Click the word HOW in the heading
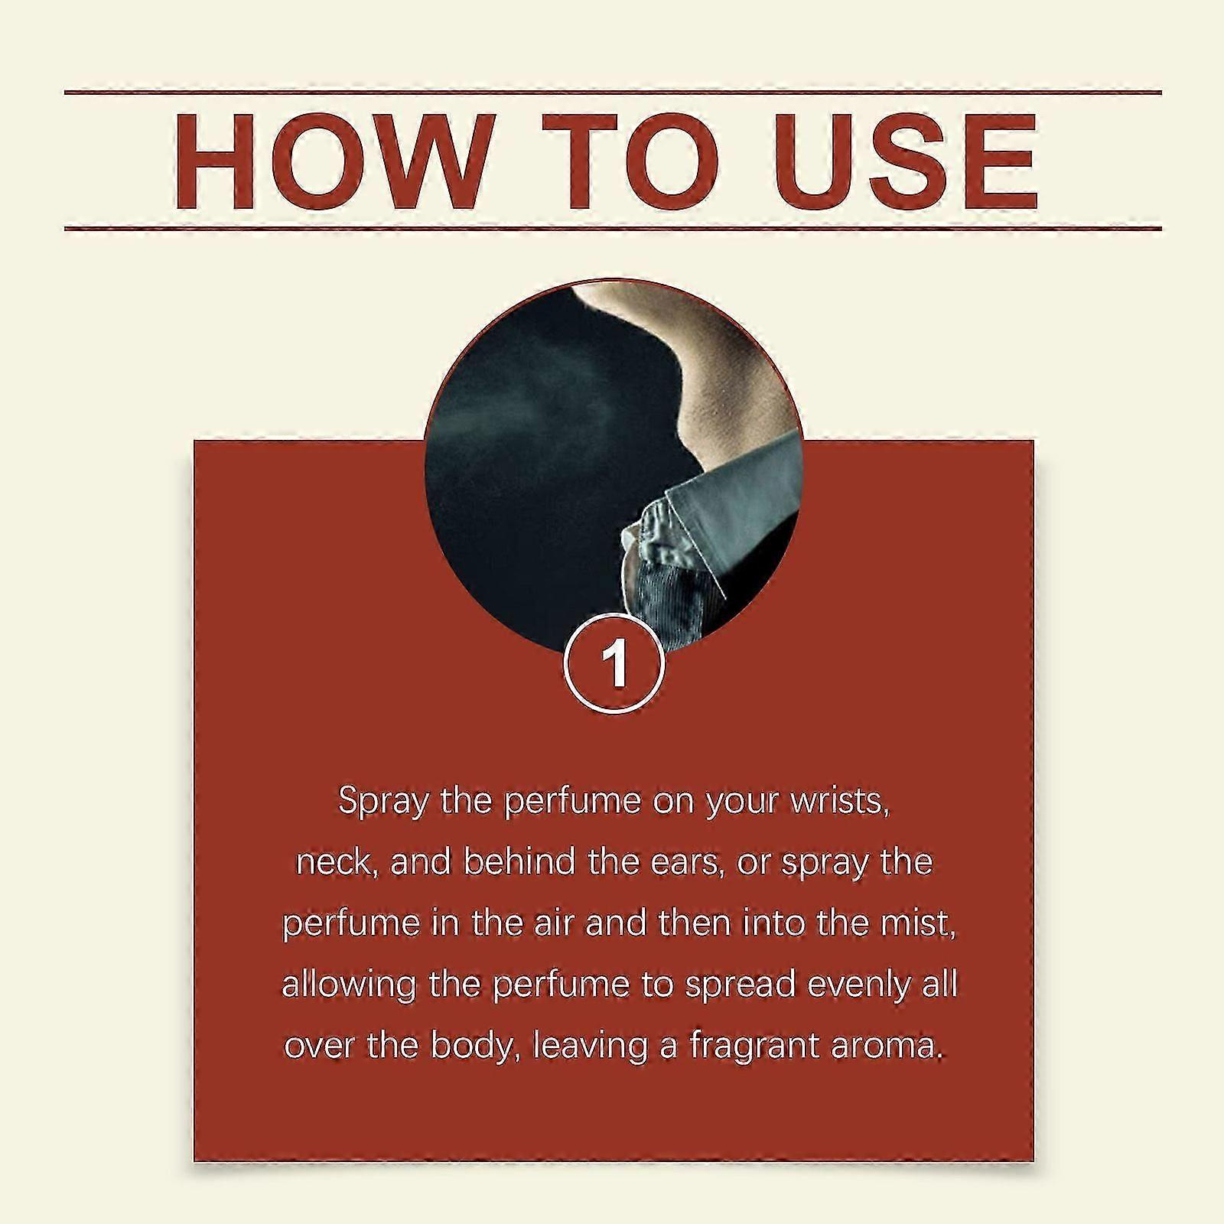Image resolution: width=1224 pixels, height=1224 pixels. pyautogui.click(x=330, y=161)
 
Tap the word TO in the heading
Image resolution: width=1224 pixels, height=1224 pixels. pyautogui.click(x=632, y=161)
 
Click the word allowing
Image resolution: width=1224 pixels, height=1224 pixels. pyautogui.click(x=349, y=985)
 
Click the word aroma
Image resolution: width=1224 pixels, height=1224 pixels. pyautogui.click(x=888, y=1047)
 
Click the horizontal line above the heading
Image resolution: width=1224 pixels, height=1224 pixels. pyautogui.click(x=613, y=93)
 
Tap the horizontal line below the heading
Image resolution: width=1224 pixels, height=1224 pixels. pyautogui.click(x=613, y=228)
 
